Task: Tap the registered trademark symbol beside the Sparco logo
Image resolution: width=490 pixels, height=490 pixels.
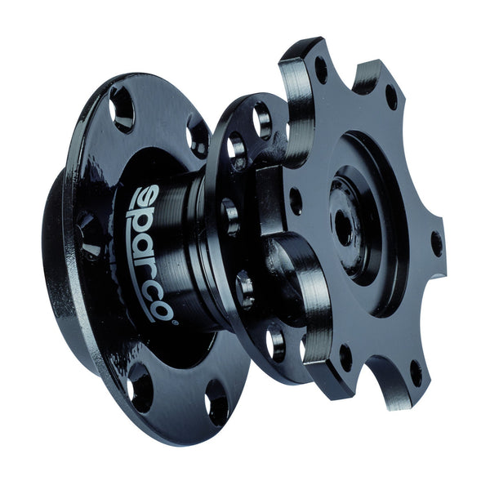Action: click(176, 323)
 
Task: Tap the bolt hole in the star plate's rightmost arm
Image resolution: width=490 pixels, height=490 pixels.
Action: click(437, 243)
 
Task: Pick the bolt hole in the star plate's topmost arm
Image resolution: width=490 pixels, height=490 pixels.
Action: click(321, 69)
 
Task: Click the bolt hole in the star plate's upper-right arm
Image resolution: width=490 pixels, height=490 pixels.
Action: click(391, 97)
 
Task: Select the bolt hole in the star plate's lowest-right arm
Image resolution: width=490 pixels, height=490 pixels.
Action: click(416, 374)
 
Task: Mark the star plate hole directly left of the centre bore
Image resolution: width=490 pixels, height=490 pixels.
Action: click(296, 201)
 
